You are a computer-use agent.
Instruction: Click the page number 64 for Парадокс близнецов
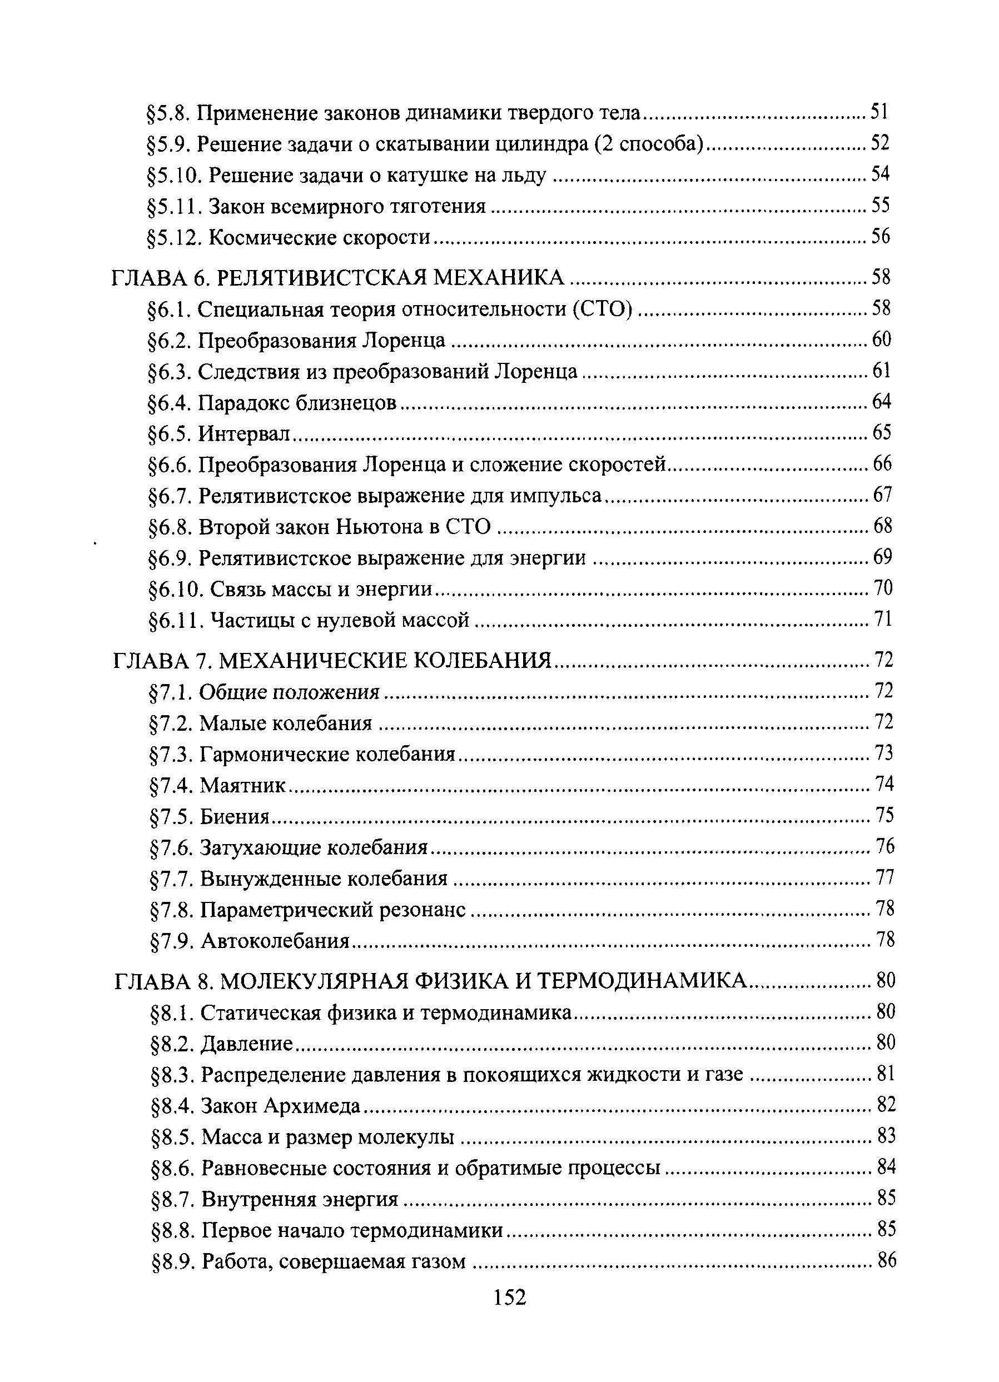[882, 402]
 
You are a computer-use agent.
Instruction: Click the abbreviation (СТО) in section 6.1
[602, 310]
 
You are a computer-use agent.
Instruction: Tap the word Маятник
[242, 785]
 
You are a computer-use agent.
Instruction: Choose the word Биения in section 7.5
[235, 816]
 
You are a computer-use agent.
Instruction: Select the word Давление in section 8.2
[247, 1044]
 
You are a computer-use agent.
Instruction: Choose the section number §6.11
[176, 620]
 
